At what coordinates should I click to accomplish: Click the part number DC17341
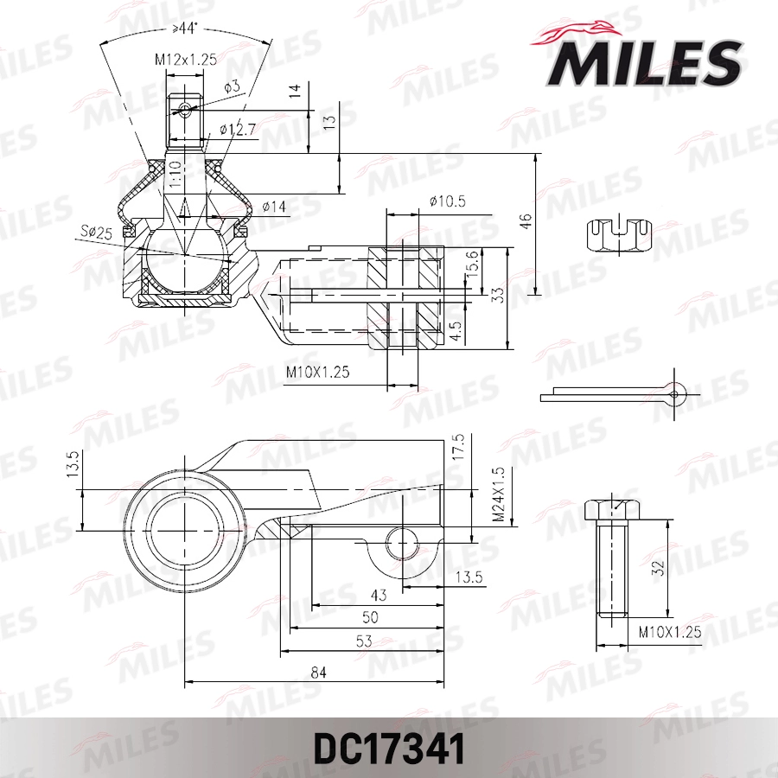pos(389,748)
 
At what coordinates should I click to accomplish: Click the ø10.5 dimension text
pos(447,201)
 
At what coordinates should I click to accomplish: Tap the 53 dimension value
pos(362,641)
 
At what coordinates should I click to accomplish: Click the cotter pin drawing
pos(615,392)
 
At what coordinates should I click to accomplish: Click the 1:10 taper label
pos(175,175)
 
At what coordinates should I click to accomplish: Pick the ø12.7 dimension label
pos(237,130)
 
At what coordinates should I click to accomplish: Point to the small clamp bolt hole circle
pos(402,544)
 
